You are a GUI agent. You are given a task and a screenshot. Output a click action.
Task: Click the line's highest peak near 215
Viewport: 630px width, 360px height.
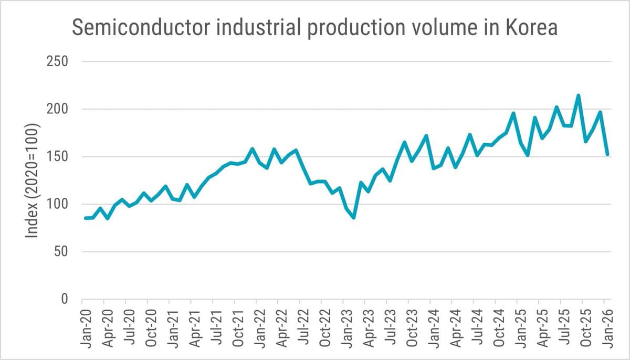tap(578, 96)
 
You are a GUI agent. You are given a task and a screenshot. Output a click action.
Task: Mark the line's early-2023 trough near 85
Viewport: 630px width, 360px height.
tap(354, 217)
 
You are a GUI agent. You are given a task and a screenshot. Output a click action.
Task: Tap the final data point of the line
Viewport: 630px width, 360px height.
tap(607, 154)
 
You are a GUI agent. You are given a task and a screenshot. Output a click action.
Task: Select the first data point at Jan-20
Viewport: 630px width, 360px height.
tap(86, 218)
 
